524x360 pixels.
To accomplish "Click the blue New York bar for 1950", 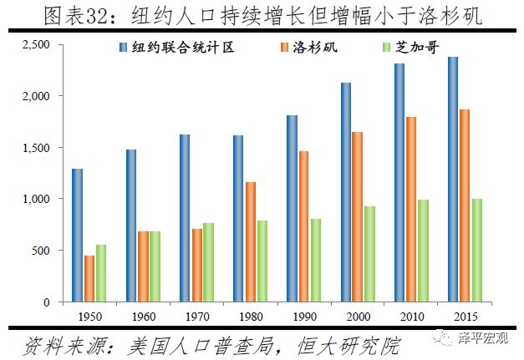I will click(78, 235).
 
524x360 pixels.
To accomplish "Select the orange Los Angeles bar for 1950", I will click(89, 278).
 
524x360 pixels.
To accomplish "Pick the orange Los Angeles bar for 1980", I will click(251, 241).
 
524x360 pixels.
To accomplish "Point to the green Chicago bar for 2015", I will click(477, 250).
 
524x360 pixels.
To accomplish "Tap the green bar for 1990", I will click(316, 260).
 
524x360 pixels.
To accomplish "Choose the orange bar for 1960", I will click(143, 266).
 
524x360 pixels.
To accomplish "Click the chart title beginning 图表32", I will click(262, 15).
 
